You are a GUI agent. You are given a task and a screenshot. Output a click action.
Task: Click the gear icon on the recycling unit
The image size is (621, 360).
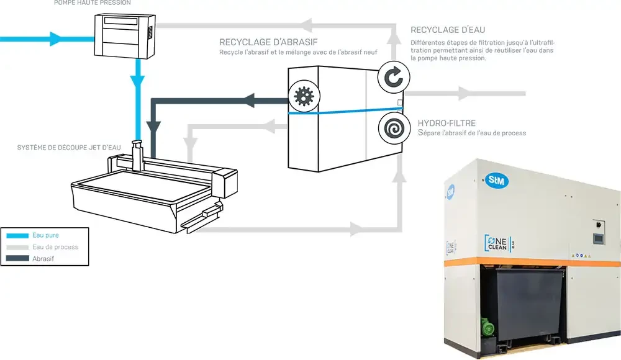[304, 96]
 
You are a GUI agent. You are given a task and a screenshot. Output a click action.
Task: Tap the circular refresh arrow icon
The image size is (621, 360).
[393, 77]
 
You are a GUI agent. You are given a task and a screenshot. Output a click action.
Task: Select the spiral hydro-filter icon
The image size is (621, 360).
[394, 128]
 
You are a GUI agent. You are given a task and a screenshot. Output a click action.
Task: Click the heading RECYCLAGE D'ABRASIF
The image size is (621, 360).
[268, 42]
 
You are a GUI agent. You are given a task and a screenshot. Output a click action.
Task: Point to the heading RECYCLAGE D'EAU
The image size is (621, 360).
[448, 30]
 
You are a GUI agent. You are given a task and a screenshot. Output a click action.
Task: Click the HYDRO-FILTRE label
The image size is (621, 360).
[446, 123]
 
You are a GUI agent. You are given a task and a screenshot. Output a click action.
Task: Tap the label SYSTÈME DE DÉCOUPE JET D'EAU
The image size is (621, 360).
[69, 147]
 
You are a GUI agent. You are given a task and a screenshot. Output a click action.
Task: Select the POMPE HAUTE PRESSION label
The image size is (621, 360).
[93, 2]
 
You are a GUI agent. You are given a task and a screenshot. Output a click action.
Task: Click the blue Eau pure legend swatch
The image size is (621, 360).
[17, 236]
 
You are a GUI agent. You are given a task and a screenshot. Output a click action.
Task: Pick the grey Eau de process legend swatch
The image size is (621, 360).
[17, 247]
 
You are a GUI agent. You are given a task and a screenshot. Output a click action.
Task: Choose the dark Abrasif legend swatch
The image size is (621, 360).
[17, 259]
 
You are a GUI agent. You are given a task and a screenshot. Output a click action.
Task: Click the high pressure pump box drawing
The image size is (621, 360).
[125, 36]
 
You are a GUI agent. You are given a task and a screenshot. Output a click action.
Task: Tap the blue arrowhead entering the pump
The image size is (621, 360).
[56, 39]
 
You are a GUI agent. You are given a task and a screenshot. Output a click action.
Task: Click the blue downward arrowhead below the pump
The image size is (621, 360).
[138, 81]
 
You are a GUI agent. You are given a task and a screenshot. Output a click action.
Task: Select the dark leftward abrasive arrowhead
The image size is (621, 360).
[248, 100]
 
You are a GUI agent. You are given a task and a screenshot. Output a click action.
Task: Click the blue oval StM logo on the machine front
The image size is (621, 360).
[497, 181]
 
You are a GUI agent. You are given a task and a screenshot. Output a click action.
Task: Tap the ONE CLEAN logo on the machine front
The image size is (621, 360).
[498, 243]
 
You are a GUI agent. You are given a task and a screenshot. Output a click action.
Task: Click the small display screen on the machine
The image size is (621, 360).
[599, 238]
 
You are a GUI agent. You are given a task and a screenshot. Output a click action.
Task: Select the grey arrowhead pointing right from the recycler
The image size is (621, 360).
[464, 94]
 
